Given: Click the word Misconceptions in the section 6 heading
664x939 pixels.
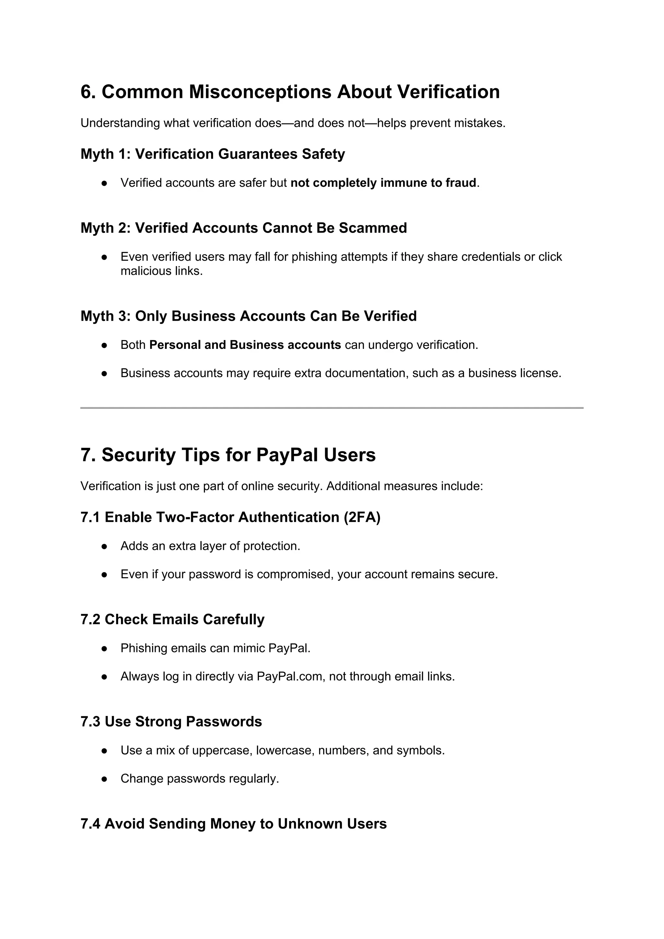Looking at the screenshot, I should [x=260, y=92].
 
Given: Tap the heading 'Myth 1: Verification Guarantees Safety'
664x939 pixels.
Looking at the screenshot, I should [x=213, y=154].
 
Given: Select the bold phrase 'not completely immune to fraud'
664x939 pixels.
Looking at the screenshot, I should [x=383, y=183].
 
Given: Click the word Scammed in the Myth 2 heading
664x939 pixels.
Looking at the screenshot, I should [x=373, y=228].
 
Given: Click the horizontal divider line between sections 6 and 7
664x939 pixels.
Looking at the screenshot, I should [x=332, y=408].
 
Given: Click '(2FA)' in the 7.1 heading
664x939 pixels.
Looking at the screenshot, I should [x=362, y=517].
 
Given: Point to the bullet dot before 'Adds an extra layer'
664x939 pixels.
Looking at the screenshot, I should [x=104, y=546].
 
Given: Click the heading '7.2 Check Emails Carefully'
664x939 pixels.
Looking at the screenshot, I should [x=172, y=620].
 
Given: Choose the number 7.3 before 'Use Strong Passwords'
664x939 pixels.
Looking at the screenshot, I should [x=90, y=722].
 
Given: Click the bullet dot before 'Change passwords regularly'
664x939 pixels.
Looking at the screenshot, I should [x=104, y=779].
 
